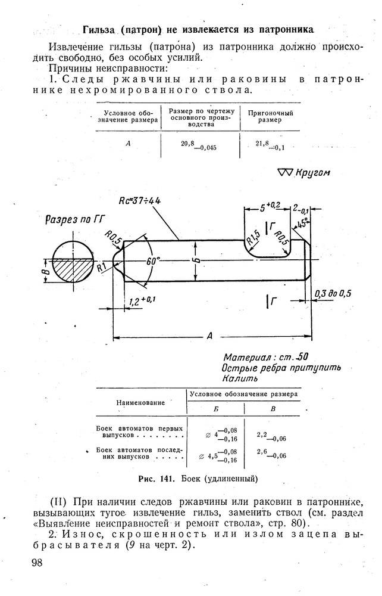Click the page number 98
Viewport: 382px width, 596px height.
point(37,562)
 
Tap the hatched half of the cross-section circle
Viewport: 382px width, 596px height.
point(73,270)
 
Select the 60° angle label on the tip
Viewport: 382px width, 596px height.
point(152,261)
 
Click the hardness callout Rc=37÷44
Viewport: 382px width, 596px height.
point(140,200)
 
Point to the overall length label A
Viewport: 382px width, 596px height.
point(209,335)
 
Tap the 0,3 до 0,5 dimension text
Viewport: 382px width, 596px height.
point(333,293)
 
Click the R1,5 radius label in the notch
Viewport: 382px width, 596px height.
point(253,238)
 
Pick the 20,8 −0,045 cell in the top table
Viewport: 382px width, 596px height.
point(199,145)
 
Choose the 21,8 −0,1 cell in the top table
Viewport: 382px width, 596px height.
point(270,145)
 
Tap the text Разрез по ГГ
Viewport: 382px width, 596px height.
point(75,220)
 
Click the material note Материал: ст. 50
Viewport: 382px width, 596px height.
point(265,357)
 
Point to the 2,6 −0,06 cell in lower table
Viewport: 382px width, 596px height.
point(271,454)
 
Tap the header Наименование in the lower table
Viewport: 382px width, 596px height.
point(140,403)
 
